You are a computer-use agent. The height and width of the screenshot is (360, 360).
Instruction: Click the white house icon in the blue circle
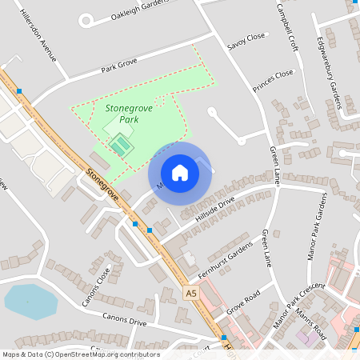[x=179, y=172]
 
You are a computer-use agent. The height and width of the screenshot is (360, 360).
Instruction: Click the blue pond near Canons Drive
[x=30, y=302]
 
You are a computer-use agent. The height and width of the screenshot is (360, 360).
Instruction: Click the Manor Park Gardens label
[x=317, y=227]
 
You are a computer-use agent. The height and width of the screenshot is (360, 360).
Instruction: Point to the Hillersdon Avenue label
[x=39, y=37]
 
